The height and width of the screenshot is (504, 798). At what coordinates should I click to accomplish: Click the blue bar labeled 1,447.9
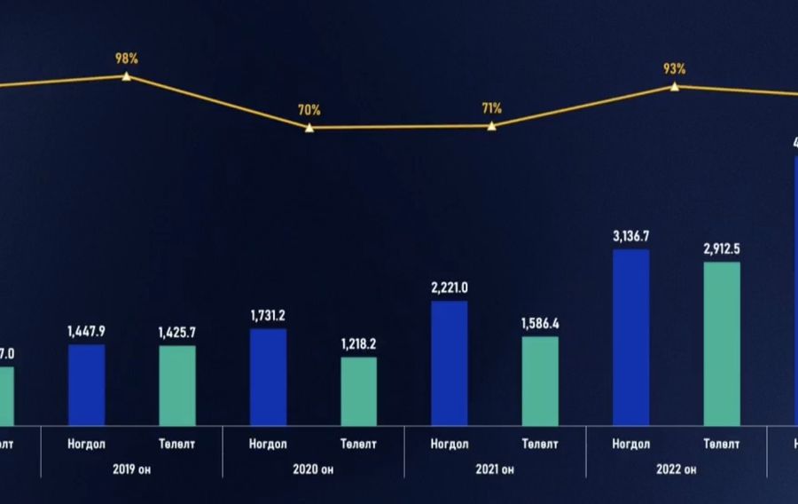tap(86, 385)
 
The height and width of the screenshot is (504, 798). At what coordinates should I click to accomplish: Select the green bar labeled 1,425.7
tap(177, 386)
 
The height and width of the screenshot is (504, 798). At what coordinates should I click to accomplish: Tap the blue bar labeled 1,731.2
tap(268, 377)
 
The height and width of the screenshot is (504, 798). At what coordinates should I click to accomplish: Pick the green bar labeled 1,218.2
tap(359, 391)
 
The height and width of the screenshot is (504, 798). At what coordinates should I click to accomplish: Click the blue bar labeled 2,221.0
tap(450, 364)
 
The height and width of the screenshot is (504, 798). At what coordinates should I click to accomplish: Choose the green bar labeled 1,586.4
tap(540, 382)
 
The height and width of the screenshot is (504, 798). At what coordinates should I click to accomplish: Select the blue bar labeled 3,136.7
tap(631, 338)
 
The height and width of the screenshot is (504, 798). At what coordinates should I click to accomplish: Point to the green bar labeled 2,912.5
tap(722, 344)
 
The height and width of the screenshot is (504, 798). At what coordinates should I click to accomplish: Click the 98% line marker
tap(127, 76)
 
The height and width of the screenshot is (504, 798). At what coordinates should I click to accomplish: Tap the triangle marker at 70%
tap(309, 128)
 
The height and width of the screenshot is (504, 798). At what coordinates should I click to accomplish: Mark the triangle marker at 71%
tap(492, 126)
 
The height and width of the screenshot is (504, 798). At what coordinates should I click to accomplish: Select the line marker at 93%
tap(675, 86)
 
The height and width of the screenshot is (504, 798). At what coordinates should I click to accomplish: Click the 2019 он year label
tap(131, 469)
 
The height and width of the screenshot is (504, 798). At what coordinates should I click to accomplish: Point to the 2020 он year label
tap(313, 469)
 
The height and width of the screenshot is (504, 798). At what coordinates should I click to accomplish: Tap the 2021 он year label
tap(495, 469)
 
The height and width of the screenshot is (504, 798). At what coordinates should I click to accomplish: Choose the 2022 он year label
tap(677, 469)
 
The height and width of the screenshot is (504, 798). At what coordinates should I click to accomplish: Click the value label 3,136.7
tap(631, 236)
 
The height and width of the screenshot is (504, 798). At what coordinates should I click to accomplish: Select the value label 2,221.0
tap(450, 287)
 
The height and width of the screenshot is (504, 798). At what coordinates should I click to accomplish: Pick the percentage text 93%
tap(675, 68)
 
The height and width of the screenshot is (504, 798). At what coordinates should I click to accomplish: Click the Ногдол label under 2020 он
tap(268, 444)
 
